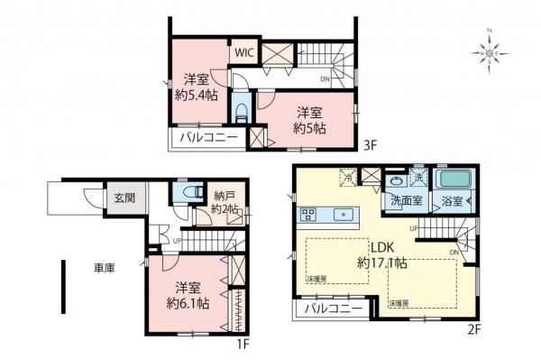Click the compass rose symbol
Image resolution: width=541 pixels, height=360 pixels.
click(491, 53)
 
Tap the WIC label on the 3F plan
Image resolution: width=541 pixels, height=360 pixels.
click(244, 52)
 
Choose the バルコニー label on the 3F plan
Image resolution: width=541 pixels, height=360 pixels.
click(207, 138)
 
